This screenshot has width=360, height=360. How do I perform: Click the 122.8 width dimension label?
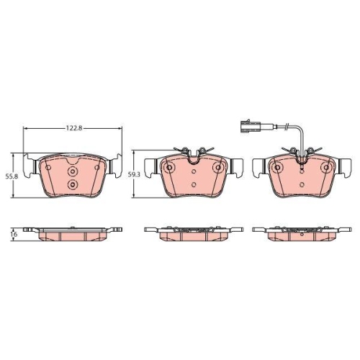(x=74, y=128)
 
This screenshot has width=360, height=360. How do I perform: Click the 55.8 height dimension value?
(x=9, y=176)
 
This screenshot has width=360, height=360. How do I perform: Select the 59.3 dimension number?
(x=132, y=175)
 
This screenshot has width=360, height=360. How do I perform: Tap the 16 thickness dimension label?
(x=14, y=234)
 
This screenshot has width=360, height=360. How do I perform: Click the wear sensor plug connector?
(x=250, y=126)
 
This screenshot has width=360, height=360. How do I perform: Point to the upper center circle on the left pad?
(x=72, y=171)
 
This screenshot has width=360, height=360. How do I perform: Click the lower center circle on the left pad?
(x=72, y=184)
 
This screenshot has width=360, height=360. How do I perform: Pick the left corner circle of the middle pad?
(x=169, y=168)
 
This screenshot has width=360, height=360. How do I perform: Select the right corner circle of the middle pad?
(x=218, y=168)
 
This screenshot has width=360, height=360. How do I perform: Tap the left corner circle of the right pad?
(x=278, y=168)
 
